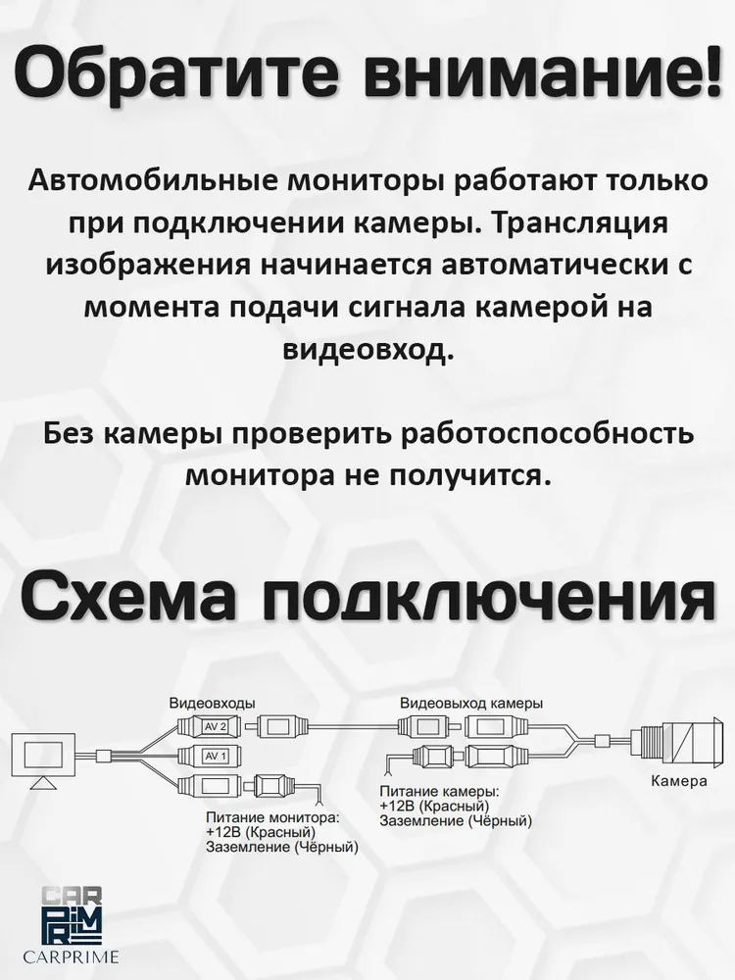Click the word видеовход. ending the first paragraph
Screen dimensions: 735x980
pyautogui.click(x=367, y=349)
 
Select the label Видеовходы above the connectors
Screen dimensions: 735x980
pyautogui.click(x=212, y=704)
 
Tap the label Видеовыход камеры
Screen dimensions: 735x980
pyautogui.click(x=471, y=704)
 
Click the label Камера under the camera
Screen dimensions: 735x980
pyautogui.click(x=679, y=782)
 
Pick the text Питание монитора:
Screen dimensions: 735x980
pyautogui.click(x=271, y=815)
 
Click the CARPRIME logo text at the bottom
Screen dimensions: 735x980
pyautogui.click(x=78, y=955)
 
